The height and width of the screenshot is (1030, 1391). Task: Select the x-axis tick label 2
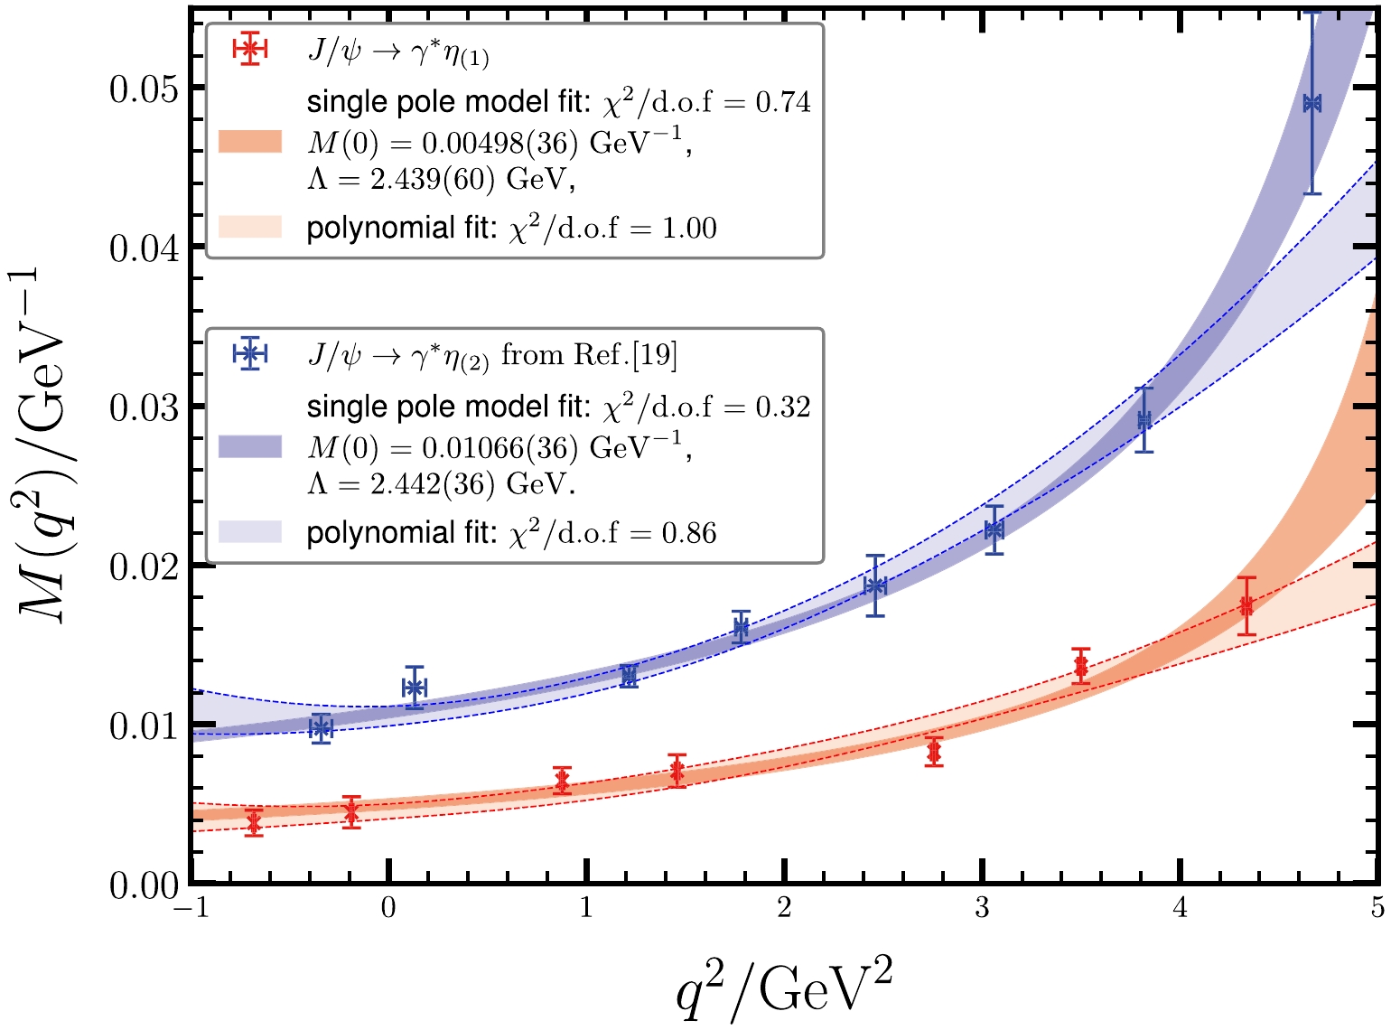coord(784,908)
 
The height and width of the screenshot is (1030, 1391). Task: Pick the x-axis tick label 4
coord(1180,908)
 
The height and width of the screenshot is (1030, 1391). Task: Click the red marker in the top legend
coord(249,51)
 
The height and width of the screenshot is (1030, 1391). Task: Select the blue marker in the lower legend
coord(249,355)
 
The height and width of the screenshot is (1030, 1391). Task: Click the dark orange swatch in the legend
coord(250,142)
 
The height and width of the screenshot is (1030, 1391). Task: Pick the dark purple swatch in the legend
coord(250,447)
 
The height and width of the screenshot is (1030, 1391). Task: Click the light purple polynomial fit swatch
coord(250,532)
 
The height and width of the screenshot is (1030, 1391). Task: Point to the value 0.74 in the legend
coord(783,102)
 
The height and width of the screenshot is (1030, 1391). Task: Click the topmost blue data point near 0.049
coord(1312,103)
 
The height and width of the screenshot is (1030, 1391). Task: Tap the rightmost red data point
coord(1246,605)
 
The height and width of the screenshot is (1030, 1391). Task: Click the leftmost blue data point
coord(320,727)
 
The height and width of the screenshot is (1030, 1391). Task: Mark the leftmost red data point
coord(254,823)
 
